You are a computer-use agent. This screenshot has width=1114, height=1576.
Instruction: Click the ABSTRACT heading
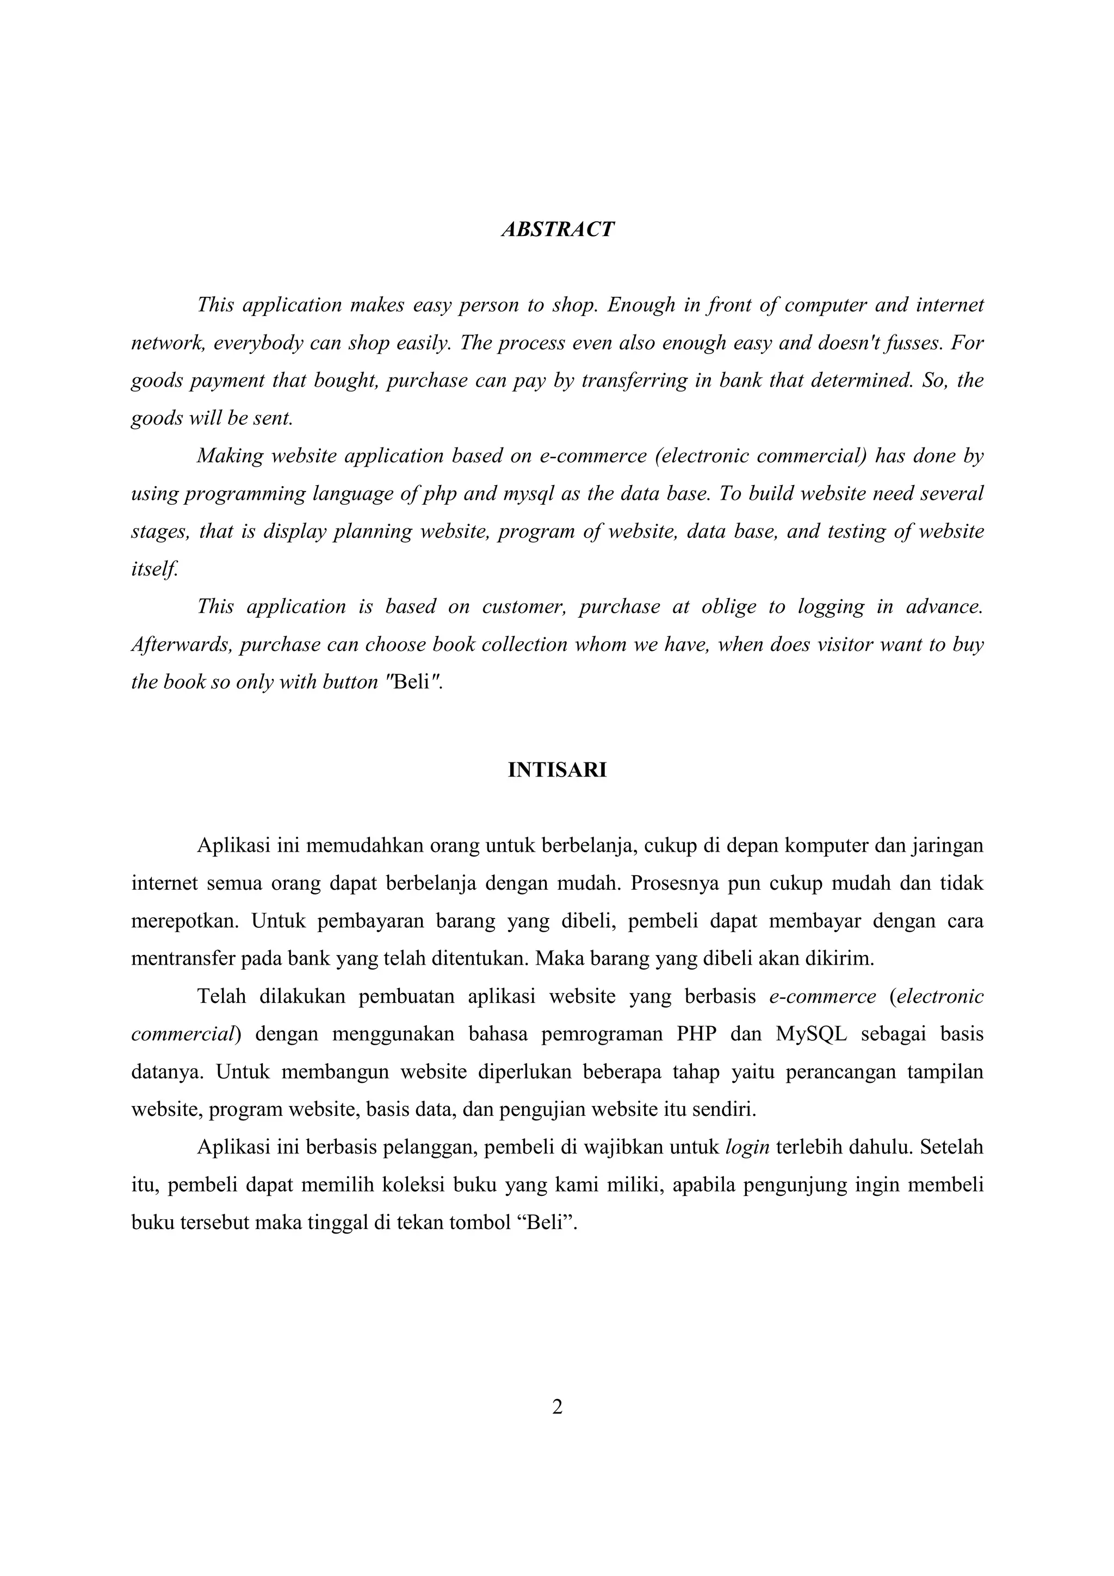[x=558, y=229]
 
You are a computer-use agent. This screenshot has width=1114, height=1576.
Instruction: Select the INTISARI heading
[x=558, y=770]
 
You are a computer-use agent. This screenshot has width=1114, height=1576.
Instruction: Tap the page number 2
[x=558, y=1407]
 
